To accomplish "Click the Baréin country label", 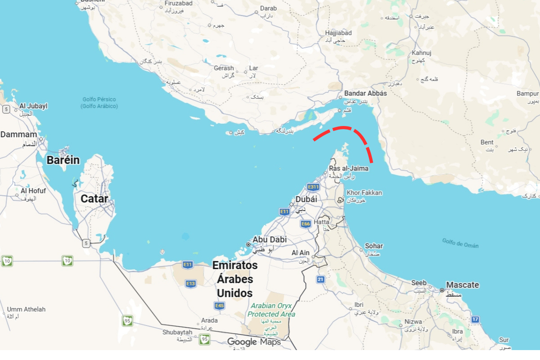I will point(63,160).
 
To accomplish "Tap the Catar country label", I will point(94,198).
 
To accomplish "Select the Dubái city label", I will point(306,199).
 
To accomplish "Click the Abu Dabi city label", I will point(270,240).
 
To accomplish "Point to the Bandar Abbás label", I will point(365,93).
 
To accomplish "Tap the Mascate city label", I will point(462,285).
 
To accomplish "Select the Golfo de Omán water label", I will point(460,243).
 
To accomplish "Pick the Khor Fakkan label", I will point(364,193).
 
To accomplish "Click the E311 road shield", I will point(313,187).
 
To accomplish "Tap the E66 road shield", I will point(306,224).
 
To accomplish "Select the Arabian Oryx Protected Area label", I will point(271,310).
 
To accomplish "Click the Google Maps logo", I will point(253,342).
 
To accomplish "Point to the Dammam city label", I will point(18,135).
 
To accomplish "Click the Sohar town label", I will point(374,246).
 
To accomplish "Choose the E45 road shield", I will point(220,306).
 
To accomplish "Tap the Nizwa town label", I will point(413,322).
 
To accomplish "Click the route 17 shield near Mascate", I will point(476,319).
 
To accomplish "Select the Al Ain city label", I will point(301,253).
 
